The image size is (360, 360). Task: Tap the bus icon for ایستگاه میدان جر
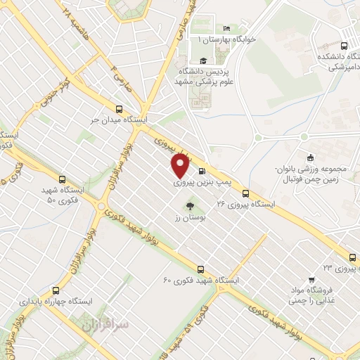[x=118, y=109]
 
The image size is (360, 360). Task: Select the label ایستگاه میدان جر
[x=118, y=120]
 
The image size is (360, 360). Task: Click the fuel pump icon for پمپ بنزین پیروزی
[x=202, y=171]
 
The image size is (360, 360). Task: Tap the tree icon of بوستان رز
[x=188, y=206]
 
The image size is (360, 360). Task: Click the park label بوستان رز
[x=188, y=217]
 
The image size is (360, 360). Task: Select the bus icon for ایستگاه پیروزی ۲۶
[x=245, y=193]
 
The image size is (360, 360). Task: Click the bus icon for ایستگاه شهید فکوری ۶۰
[x=201, y=269]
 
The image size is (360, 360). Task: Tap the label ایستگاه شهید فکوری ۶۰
[x=201, y=280]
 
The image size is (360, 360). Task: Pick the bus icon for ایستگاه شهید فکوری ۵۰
[x=62, y=179]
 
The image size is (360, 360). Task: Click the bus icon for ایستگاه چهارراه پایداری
[x=56, y=290]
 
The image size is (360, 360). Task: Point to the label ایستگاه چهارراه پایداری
[x=56, y=301]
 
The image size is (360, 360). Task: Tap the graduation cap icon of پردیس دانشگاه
[x=203, y=60]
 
